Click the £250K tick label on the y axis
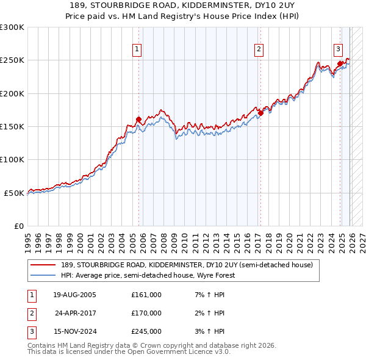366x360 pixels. (x=12, y=60)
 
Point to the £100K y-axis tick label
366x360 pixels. (x=12, y=160)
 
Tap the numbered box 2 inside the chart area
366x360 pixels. (x=259, y=49)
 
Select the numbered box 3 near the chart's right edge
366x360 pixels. (x=337, y=49)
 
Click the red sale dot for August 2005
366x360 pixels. (x=138, y=119)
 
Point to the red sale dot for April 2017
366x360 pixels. (x=260, y=113)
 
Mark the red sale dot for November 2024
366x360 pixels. (x=340, y=63)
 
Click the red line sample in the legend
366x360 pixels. (x=43, y=265)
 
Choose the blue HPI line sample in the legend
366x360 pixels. (x=43, y=275)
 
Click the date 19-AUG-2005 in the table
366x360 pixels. (x=74, y=295)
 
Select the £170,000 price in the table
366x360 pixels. (x=146, y=313)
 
